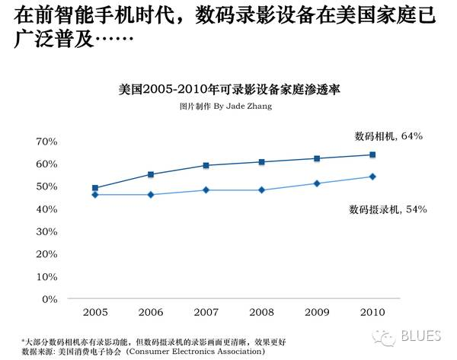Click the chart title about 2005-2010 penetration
click(228, 89)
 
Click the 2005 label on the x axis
click(95, 312)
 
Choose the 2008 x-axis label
click(260, 312)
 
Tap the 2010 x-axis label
click(372, 312)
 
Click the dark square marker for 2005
click(95, 188)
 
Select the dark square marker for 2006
click(151, 174)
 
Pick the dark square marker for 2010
click(372, 155)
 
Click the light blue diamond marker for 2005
click(95, 195)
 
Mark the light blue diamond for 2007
click(206, 190)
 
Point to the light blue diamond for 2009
click(316, 183)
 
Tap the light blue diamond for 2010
click(372, 177)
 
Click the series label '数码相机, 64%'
click(388, 136)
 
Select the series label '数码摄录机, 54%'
click(388, 209)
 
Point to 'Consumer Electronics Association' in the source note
click(197, 352)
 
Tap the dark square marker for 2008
click(261, 162)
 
